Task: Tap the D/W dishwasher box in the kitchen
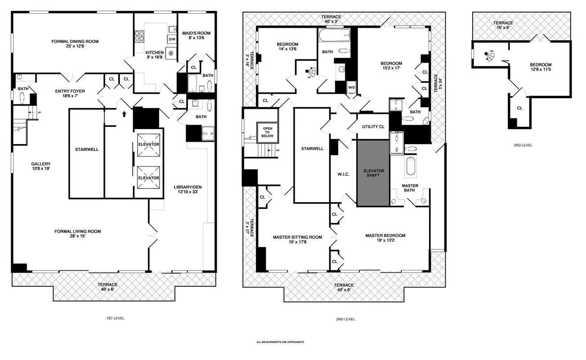point(172,39)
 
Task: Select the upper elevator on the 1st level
point(148,144)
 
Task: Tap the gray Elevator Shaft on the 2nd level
point(373,173)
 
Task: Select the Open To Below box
point(267,132)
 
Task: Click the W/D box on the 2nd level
point(351,87)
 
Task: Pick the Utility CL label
point(373,126)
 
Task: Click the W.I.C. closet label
point(343,175)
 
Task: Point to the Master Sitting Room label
point(297,239)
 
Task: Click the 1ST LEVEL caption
point(115,318)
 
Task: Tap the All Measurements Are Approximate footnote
point(280,342)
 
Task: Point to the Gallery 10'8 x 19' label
point(40,166)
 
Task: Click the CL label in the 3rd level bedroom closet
point(519,108)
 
